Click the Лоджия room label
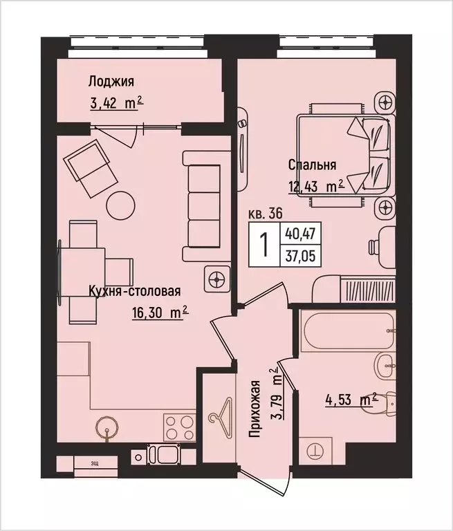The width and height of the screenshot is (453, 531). (x=110, y=82)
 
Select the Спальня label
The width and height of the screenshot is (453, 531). (x=313, y=165)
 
